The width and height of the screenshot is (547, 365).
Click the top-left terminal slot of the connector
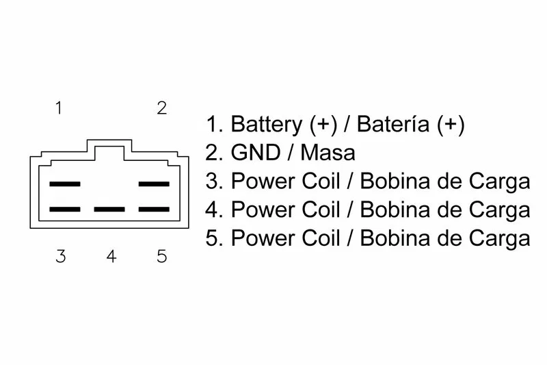point(65,184)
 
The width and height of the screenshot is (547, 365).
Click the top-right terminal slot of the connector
point(154,184)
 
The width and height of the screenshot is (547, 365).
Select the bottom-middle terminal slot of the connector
point(109,210)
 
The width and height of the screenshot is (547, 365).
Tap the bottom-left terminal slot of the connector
point(65,210)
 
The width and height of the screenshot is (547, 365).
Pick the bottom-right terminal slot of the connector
point(154,210)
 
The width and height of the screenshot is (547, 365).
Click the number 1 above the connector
point(59,108)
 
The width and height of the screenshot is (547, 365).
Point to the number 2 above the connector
point(161,108)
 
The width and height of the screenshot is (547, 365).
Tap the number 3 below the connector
point(61,256)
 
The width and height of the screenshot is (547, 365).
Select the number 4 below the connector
point(111,256)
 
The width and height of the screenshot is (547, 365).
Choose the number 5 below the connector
point(161,256)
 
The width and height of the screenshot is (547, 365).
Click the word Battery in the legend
point(267,125)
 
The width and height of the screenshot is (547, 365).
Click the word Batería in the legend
point(392,124)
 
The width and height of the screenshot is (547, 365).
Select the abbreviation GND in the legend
point(256,153)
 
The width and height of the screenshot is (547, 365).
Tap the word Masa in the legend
point(328,153)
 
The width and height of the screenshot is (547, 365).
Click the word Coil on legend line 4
point(321,210)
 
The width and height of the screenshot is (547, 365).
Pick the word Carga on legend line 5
point(500,239)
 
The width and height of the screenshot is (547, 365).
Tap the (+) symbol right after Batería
point(451,125)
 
